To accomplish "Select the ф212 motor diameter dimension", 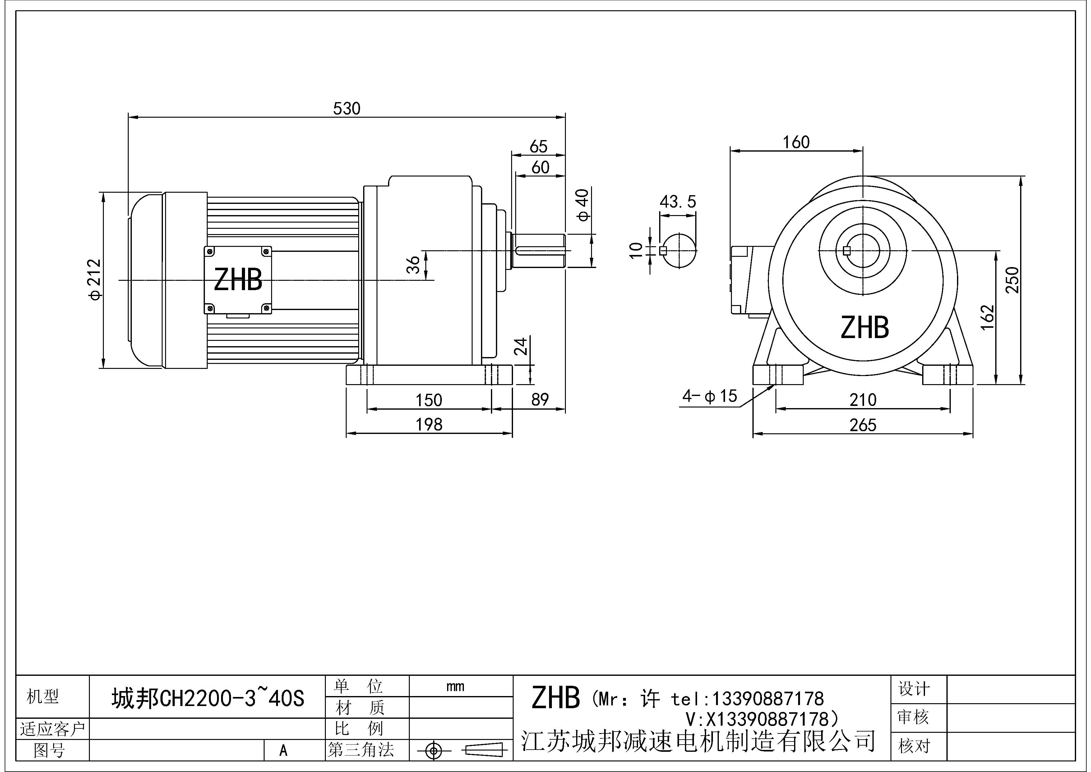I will point(95,280).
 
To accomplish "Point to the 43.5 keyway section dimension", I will point(677,202).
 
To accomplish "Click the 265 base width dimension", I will point(862,425).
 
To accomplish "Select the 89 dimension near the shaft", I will point(540,400).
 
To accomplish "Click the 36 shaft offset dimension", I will point(414,265).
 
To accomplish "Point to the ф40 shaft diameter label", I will point(583,205).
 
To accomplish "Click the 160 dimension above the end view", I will point(796,142).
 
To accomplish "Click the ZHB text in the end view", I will point(864,328).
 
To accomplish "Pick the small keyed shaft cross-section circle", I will point(679,251).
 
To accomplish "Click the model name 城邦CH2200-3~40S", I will point(208,698).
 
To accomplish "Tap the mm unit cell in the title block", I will point(455,686).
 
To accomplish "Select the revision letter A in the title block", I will point(283,751).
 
